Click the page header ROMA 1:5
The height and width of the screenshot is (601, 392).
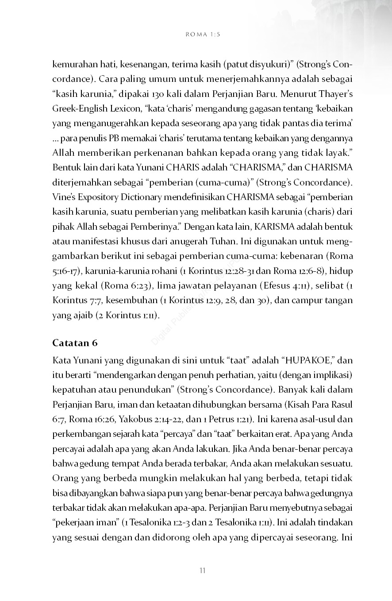(203, 34)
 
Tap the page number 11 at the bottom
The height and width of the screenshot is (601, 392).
(202, 570)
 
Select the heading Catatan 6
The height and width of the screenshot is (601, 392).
(75, 343)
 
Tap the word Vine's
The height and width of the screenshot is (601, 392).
(63, 197)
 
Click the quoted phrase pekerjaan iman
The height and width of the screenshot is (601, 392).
(87, 523)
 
